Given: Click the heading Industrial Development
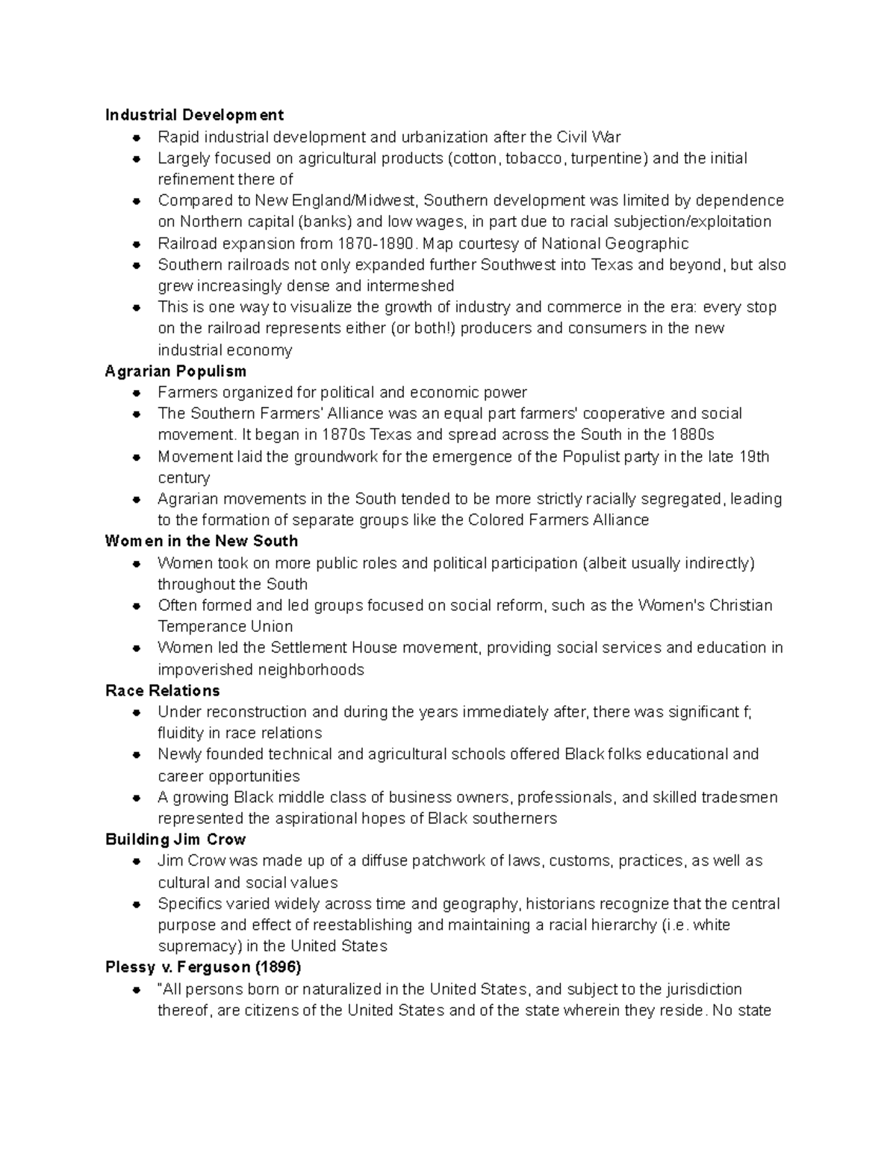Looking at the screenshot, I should click(x=194, y=115).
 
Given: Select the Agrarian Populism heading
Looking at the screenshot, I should click(x=175, y=371).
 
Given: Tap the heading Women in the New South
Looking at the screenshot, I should click(x=202, y=541).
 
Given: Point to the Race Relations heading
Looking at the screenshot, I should click(x=163, y=690).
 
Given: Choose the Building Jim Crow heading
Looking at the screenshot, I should click(x=175, y=840).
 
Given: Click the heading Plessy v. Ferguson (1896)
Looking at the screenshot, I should click(x=203, y=967).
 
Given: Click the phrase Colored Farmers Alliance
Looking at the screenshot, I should click(x=559, y=520).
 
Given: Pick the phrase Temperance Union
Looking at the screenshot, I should click(x=225, y=627).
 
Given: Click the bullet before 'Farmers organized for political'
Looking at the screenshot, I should click(x=137, y=393).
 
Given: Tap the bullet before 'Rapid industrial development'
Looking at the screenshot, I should click(x=137, y=137).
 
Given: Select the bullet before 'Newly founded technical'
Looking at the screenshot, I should click(x=137, y=754).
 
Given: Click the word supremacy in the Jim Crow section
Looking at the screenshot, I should click(x=195, y=946).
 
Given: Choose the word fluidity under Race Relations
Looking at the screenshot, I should click(x=180, y=733).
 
